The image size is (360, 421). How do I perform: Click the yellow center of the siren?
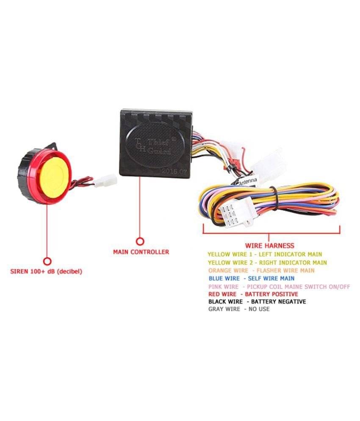tap(55, 175)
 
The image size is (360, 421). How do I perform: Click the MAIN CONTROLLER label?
tap(141, 252)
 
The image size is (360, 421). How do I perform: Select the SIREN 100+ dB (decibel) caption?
tap(46, 271)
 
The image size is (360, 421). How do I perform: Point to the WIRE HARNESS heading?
tap(270, 245)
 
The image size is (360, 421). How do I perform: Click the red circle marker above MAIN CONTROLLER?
tap(140, 241)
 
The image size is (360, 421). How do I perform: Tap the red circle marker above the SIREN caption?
tap(47, 261)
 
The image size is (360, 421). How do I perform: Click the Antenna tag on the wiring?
tap(248, 181)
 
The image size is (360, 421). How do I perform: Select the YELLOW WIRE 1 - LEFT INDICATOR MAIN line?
tap(265, 254)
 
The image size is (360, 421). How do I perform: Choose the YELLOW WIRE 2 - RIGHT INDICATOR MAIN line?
tap(267, 262)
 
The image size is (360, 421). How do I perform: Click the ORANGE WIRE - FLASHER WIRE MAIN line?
tap(261, 270)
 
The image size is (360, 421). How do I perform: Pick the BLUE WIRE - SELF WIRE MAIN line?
tap(252, 278)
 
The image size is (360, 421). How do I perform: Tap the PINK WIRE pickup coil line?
tap(280, 286)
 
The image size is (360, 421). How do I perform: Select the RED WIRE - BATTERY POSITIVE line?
tap(253, 294)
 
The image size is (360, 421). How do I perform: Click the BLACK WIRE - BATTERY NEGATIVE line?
tap(257, 302)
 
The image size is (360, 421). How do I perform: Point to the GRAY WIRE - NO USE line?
tap(239, 309)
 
